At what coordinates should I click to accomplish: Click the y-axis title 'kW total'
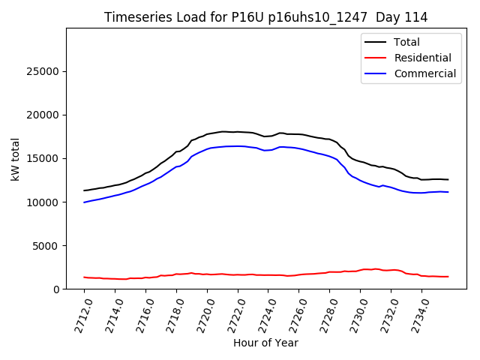pos(15,158)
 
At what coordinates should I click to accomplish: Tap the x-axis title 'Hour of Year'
pos(265,343)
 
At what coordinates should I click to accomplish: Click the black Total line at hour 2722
pos(238,132)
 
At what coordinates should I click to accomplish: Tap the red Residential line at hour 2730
pos(361,270)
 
